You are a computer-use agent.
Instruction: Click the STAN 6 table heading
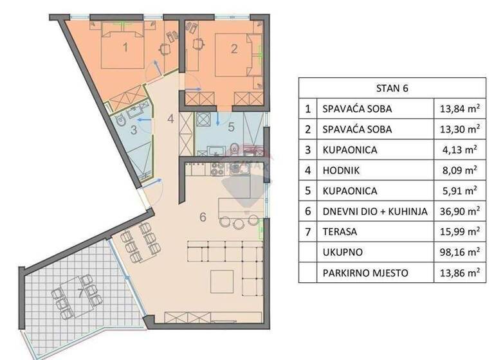(392, 88)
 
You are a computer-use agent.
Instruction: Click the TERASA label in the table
(340, 231)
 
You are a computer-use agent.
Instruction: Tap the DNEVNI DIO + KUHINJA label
(374, 211)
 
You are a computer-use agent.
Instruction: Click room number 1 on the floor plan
(125, 47)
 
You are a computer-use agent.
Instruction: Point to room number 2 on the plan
(233, 48)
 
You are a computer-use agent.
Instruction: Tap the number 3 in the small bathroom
(133, 129)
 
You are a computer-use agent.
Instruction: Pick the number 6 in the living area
(202, 217)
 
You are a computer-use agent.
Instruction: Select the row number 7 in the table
(309, 231)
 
